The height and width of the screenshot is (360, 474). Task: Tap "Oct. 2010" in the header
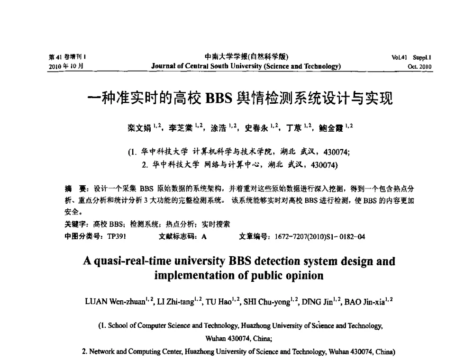tap(420, 67)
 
